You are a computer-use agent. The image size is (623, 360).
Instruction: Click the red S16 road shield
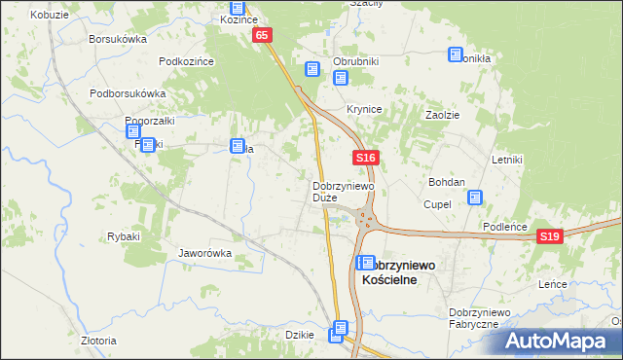click(365, 157)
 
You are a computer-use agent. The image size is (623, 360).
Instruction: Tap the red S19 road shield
click(550, 236)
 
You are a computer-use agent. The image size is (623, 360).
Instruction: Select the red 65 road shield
click(262, 35)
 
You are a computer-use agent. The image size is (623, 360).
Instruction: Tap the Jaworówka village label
click(204, 253)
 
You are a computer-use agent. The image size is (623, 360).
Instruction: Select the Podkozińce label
click(186, 61)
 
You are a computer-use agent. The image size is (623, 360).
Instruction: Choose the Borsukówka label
click(117, 40)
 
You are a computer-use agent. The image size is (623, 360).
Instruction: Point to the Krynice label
click(364, 109)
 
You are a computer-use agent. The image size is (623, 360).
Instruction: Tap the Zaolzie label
click(442, 114)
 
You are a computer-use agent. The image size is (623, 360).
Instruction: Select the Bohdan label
click(447, 182)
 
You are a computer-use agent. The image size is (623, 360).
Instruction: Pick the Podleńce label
click(505, 227)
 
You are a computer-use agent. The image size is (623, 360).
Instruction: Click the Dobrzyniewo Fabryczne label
click(473, 317)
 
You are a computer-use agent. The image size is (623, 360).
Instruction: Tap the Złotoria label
click(98, 341)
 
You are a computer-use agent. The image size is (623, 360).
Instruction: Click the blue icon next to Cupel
click(475, 198)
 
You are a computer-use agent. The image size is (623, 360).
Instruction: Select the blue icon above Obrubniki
click(312, 69)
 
